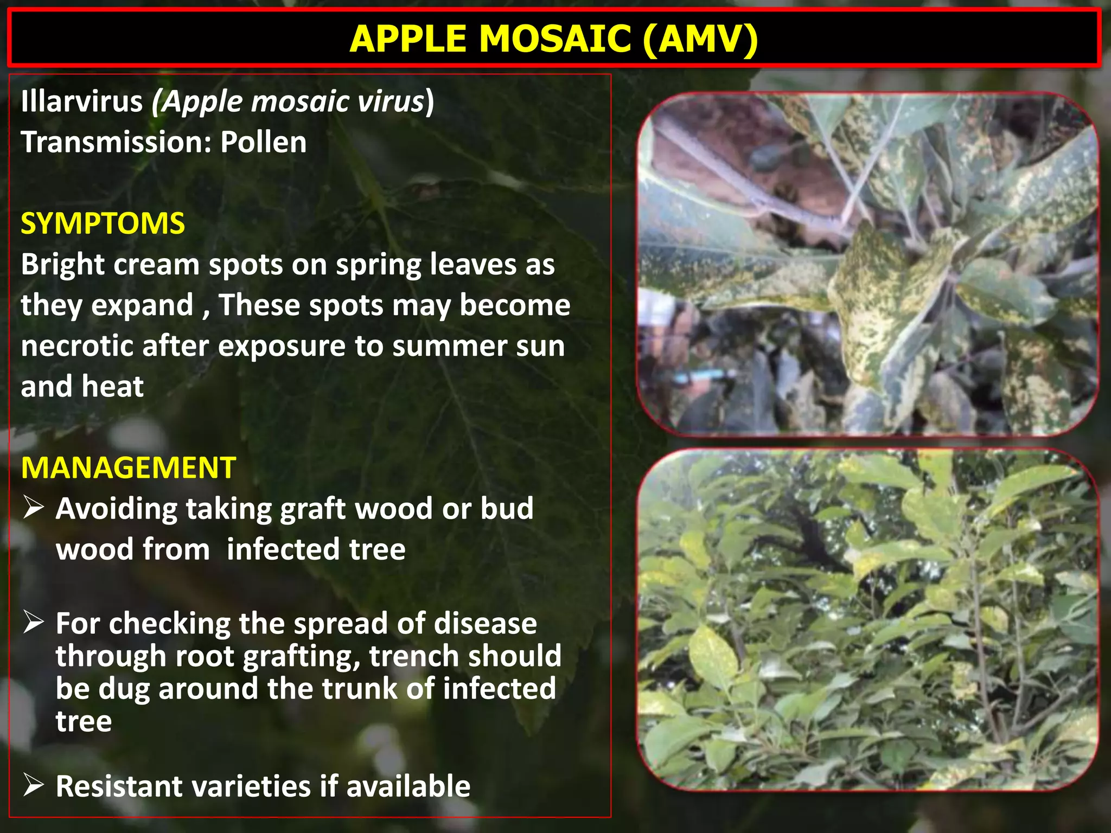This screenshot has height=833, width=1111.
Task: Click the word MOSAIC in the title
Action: coord(555,39)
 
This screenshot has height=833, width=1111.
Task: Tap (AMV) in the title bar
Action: coord(700,39)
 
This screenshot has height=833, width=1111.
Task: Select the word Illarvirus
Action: coord(82,101)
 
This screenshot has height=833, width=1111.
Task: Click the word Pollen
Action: coord(263,143)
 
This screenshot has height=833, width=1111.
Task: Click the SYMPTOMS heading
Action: coord(103,223)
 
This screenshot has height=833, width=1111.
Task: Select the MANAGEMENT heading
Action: coord(129,467)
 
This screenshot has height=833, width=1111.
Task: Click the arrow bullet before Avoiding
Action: coord(34,508)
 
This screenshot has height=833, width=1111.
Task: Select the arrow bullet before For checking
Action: coord(34,623)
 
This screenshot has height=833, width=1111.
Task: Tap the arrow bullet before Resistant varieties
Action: coord(34,785)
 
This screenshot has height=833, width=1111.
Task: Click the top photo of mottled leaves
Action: coord(868,264)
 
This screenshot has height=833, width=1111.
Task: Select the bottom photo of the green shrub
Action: coord(868,619)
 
